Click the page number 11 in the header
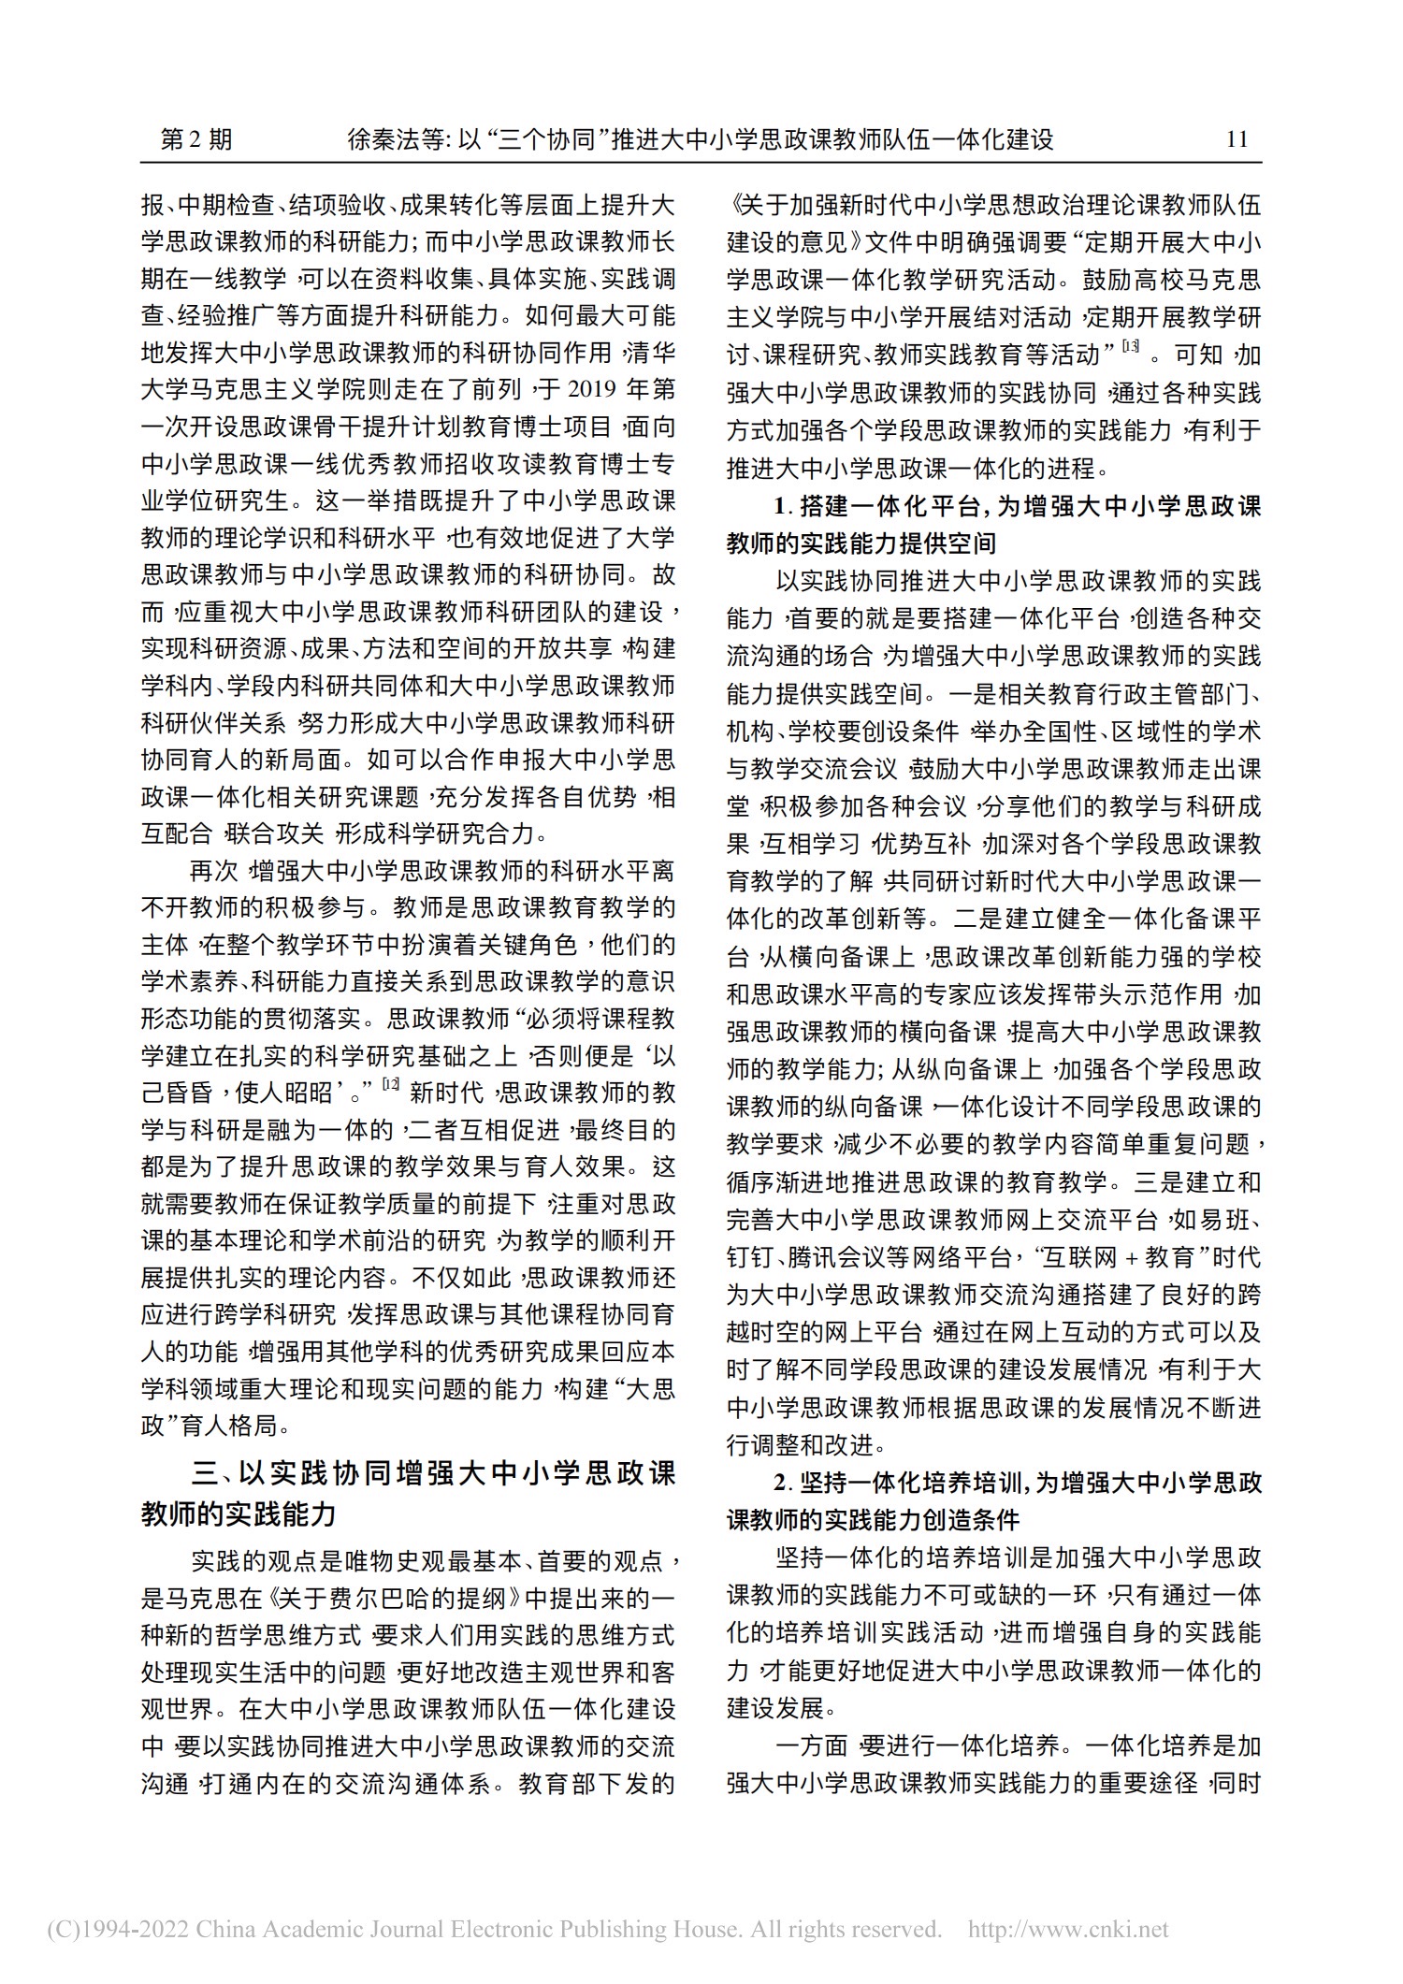tap(1237, 139)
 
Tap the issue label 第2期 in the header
tap(196, 139)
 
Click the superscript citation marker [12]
tap(391, 1085)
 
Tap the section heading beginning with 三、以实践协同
tap(408, 1475)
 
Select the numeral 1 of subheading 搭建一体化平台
tap(780, 507)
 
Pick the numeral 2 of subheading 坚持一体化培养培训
tap(781, 1483)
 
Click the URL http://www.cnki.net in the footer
tap(1068, 1929)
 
